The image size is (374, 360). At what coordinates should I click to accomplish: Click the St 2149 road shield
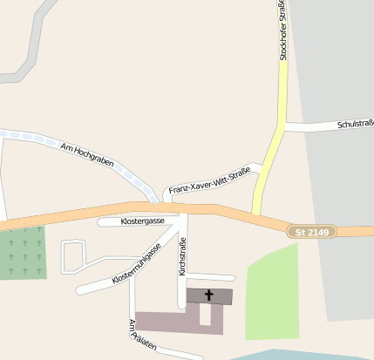pos(312,231)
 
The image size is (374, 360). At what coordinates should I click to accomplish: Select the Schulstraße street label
pos(355,126)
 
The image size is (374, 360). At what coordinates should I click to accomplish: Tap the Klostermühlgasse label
pos(136,265)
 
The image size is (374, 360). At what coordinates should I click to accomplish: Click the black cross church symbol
pos(208,295)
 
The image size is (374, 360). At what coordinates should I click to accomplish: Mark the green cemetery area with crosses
pos(23,252)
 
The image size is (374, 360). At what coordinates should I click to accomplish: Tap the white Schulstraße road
pos(314,127)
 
